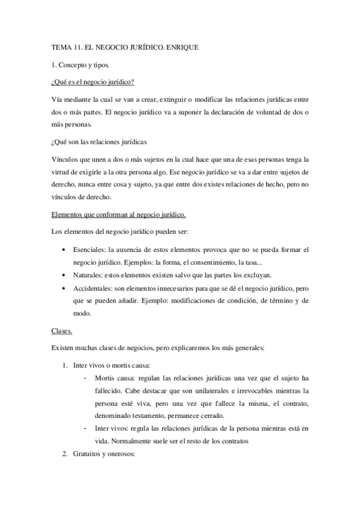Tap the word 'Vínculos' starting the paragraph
click(x=65, y=159)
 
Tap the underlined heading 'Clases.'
click(x=63, y=330)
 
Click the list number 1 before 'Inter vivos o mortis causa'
click(x=65, y=365)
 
